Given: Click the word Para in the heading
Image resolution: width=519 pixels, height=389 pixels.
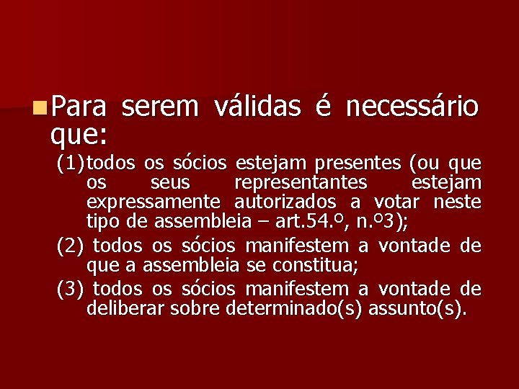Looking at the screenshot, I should (x=78, y=107).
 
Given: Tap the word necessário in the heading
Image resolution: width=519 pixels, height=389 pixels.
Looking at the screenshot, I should (x=412, y=107).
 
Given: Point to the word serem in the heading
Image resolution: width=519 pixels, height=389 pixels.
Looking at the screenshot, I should (x=160, y=107).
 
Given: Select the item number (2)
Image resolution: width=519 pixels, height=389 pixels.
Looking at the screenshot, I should (x=71, y=246).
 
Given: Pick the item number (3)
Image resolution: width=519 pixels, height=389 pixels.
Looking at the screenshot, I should (x=71, y=289).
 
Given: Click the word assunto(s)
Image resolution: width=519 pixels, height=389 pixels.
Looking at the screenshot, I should (x=419, y=309).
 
